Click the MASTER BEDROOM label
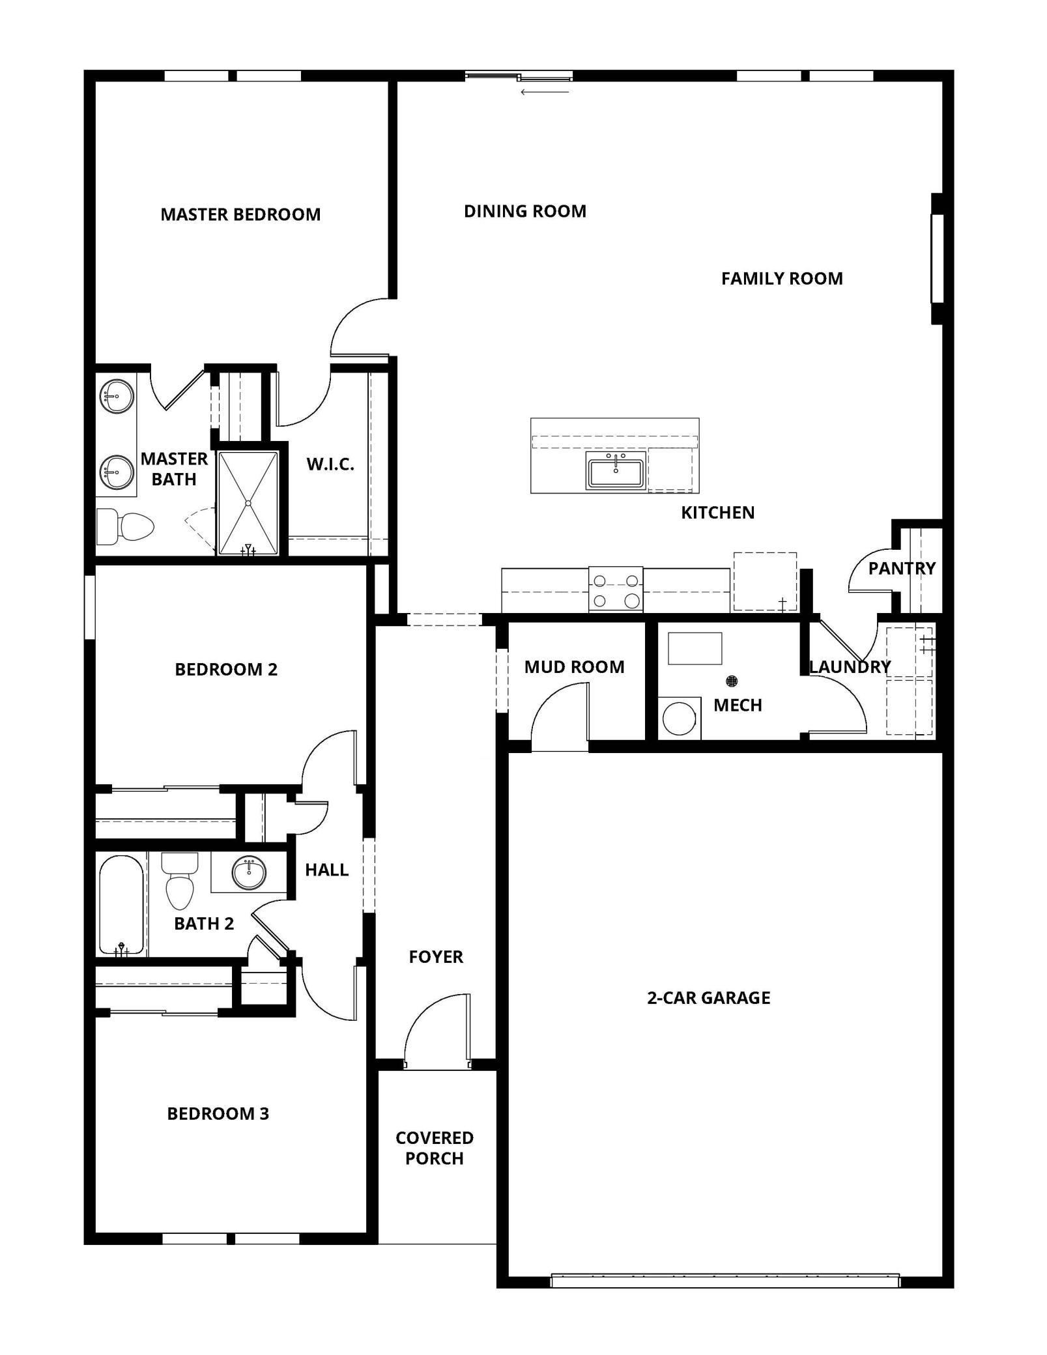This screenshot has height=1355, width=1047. [x=240, y=214]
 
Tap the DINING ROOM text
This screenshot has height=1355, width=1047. [x=525, y=211]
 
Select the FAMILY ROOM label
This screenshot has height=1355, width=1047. [x=782, y=279]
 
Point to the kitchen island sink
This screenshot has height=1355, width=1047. [x=616, y=470]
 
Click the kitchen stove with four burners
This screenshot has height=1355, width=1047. [x=616, y=590]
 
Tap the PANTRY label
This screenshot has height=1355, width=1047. [x=902, y=569]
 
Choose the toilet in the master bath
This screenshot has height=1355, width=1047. [x=125, y=526]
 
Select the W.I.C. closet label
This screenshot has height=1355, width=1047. [x=330, y=464]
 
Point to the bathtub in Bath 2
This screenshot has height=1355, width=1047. [x=121, y=905]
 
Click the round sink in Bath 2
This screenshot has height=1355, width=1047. [x=250, y=874]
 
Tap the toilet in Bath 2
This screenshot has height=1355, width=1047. [x=180, y=881]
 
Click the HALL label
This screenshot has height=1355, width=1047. [x=327, y=870]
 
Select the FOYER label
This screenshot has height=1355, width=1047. [x=436, y=957]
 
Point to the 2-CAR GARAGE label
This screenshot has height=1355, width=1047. [x=709, y=998]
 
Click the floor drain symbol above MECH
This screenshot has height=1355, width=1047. [x=732, y=681]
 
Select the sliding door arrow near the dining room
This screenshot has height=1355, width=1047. [x=545, y=92]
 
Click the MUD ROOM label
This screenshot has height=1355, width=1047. [x=575, y=667]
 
